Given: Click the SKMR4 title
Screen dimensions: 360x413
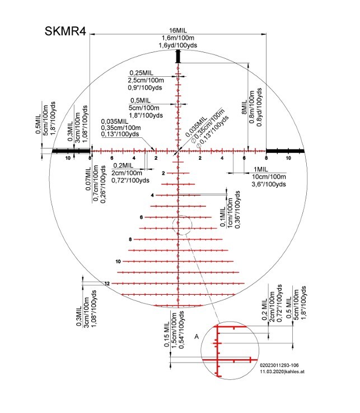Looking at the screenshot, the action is [x=66, y=31].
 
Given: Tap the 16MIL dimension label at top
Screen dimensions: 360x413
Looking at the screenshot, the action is [x=178, y=31].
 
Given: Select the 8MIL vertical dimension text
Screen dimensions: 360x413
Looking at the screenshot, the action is [x=244, y=107].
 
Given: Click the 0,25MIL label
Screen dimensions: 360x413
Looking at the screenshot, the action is [x=141, y=73].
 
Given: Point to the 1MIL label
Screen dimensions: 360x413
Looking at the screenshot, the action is [x=260, y=169].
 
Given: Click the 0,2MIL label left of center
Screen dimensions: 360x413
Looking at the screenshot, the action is [x=123, y=166].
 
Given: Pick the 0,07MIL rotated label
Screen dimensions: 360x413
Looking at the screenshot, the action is [x=88, y=178].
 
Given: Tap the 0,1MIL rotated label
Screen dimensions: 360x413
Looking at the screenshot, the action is [x=223, y=216].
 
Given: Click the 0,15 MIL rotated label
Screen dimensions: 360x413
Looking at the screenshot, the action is [x=167, y=334].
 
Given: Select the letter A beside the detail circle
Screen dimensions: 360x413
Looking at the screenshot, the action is [x=197, y=336].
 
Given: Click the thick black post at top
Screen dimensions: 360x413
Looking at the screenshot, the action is [x=178, y=57].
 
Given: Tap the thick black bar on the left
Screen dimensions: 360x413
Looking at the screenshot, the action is [x=71, y=151].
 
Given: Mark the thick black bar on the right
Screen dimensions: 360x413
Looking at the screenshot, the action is [x=286, y=151].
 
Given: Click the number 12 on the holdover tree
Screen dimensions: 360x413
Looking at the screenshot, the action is [x=107, y=284].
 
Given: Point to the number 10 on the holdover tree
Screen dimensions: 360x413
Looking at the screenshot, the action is [x=118, y=262].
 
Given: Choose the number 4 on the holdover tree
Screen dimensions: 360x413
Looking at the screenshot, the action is [x=152, y=196].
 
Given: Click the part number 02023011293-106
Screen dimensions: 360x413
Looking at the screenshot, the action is [x=279, y=365].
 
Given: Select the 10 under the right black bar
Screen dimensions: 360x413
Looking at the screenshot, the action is [x=288, y=158].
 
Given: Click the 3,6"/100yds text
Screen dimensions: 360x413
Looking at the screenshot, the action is [x=269, y=184].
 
